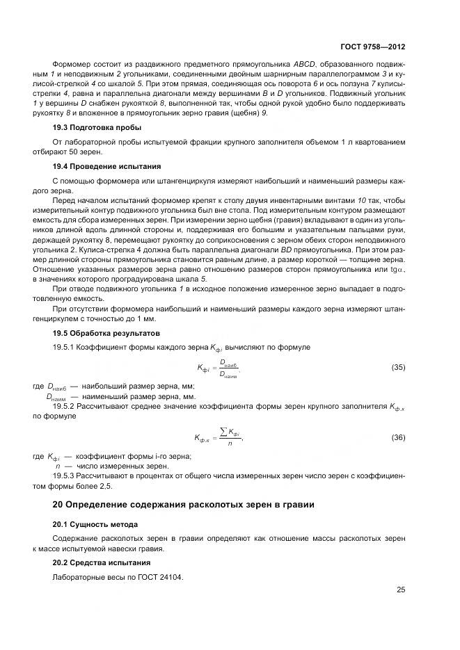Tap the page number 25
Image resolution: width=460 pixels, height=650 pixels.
point(401,590)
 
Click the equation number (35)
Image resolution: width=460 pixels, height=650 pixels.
point(398,367)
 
